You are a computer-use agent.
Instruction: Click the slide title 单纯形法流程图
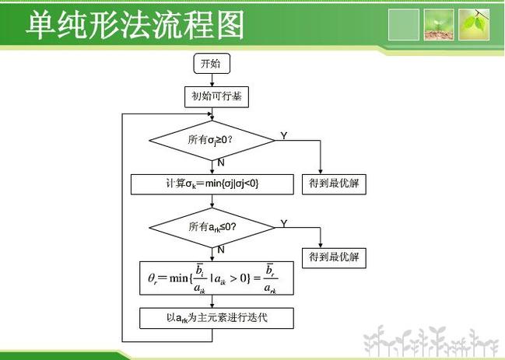click(135, 25)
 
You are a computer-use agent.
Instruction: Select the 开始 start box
click(211, 64)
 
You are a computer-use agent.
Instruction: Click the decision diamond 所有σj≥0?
click(211, 140)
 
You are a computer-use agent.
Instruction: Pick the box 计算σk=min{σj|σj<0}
click(212, 183)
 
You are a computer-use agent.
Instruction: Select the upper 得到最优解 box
click(334, 184)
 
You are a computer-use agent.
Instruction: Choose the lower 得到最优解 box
click(334, 257)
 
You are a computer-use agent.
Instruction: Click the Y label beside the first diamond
click(283, 136)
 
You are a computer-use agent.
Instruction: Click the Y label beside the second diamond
click(283, 223)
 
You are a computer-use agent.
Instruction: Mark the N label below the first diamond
click(221, 163)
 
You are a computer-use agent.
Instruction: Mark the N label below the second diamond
click(221, 250)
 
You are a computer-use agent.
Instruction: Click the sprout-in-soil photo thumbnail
click(438, 24)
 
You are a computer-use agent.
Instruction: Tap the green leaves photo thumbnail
click(474, 24)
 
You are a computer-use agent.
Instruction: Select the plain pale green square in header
click(403, 24)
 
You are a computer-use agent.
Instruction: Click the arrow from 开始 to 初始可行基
click(211, 80)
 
